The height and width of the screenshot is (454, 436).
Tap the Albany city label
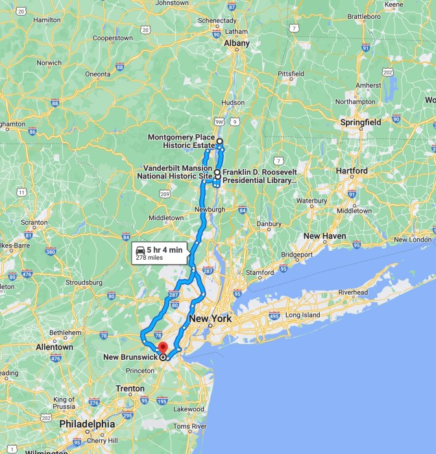236,44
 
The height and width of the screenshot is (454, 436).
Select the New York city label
210,319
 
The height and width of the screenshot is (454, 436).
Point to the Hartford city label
352,171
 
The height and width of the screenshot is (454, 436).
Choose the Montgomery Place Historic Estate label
181,141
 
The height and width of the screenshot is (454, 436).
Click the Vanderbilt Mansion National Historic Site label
178,171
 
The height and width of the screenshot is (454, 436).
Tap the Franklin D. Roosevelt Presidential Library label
260,175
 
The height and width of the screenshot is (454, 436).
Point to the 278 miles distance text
149,258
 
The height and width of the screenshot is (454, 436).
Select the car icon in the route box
139,249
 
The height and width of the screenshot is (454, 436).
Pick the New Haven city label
324,236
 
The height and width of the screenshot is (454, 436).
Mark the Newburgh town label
210,210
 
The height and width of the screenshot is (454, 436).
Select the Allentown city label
54,347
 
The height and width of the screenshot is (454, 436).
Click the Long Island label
302,315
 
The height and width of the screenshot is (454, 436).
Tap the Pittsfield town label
291,74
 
